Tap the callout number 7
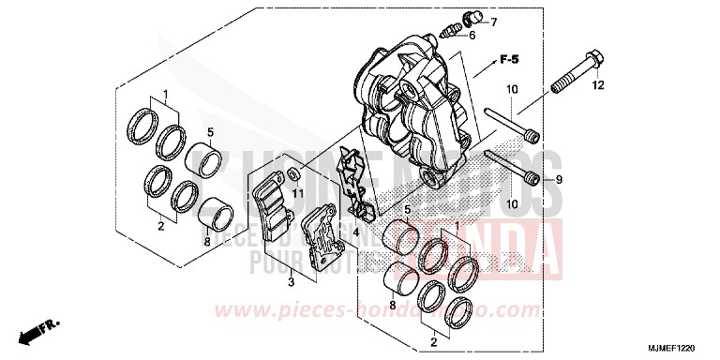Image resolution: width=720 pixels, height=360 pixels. pyautogui.click(x=493, y=22)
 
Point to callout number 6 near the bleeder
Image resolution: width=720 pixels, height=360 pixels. pyautogui.click(x=472, y=36)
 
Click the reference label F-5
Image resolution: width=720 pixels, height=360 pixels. pyautogui.click(x=509, y=60)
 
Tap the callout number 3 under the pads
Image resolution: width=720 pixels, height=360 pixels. pyautogui.click(x=292, y=280)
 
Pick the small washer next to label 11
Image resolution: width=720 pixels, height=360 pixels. pyautogui.click(x=295, y=172)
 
